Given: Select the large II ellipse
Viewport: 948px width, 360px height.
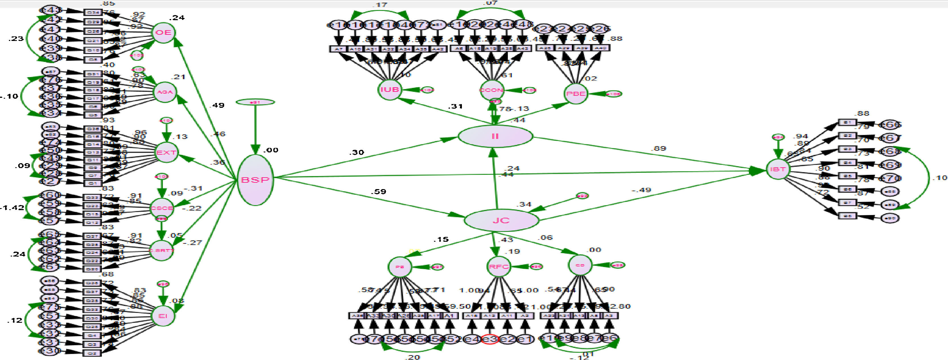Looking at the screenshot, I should click(495, 136).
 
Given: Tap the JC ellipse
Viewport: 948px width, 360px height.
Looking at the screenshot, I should click(501, 220).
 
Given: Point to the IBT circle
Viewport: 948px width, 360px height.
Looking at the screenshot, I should click(778, 169).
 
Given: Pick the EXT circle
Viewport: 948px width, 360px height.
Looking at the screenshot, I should click(166, 152).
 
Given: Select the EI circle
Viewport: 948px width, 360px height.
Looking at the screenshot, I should click(163, 316).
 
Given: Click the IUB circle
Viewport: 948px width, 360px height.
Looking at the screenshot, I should click(390, 90).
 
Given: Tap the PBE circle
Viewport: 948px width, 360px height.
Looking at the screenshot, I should click(576, 94).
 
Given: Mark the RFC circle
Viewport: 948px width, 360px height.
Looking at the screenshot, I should click(499, 266).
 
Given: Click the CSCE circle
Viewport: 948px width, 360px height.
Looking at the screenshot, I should click(162, 208).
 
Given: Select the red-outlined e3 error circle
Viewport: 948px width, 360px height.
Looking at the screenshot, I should click(490, 339).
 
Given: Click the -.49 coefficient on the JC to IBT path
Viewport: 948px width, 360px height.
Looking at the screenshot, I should click(641, 190).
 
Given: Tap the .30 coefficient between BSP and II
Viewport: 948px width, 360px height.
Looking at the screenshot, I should click(356, 152).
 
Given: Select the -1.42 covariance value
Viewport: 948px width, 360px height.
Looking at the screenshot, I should click(12, 208).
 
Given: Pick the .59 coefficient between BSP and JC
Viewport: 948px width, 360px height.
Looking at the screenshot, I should click(378, 191).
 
